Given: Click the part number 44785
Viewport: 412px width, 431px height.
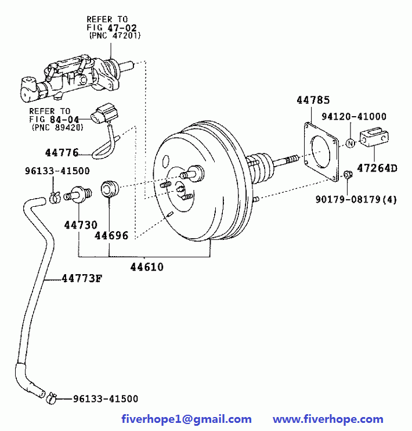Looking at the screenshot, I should (313, 100).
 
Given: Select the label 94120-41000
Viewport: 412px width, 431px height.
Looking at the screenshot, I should (354, 117).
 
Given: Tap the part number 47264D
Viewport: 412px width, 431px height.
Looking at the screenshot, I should (377, 168).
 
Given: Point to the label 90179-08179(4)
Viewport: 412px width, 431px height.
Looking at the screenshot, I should (356, 199).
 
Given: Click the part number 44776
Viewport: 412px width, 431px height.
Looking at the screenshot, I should (61, 153).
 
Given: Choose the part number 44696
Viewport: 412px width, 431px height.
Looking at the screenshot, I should (111, 235).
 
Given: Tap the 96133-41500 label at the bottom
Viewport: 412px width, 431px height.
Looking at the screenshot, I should (106, 398).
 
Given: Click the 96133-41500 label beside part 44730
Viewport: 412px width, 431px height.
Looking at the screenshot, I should (57, 171).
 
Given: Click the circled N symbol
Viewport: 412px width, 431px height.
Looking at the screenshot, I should (350, 143).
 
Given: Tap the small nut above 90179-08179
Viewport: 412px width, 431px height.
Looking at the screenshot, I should (346, 174).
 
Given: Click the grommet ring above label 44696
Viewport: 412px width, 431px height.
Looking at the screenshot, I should (110, 189).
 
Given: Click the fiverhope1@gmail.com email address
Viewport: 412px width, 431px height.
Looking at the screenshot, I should (186, 419).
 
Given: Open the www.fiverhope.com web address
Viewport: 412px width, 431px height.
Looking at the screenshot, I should (328, 419).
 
